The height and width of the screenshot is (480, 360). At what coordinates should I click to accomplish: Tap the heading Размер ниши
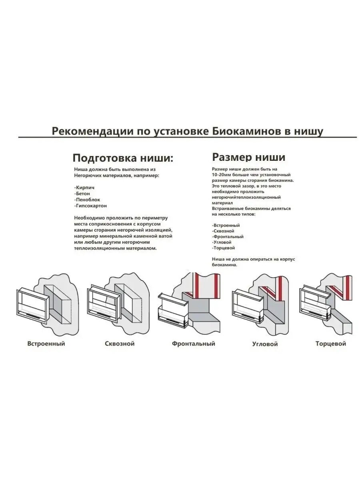click(x=248, y=156)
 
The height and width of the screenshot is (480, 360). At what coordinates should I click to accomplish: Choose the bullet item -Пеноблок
click(x=87, y=200)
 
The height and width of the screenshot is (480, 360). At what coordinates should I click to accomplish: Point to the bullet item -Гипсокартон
click(x=90, y=206)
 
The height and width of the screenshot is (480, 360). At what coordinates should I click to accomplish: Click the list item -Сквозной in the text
click(x=223, y=231)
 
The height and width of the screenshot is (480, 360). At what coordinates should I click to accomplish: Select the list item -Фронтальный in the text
click(x=228, y=237)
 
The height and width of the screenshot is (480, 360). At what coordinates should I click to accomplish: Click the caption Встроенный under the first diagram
click(x=46, y=344)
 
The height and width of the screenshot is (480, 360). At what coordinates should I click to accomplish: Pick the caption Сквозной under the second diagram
click(x=120, y=344)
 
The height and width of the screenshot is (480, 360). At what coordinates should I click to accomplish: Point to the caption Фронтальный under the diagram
click(x=194, y=344)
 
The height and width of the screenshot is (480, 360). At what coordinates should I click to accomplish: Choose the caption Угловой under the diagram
click(x=265, y=344)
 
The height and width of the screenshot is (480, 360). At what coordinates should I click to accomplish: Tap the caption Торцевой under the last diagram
click(x=331, y=344)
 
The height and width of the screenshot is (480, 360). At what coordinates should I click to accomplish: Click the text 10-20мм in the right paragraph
click(x=223, y=175)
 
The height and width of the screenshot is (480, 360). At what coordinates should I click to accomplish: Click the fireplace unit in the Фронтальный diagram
click(x=173, y=310)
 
